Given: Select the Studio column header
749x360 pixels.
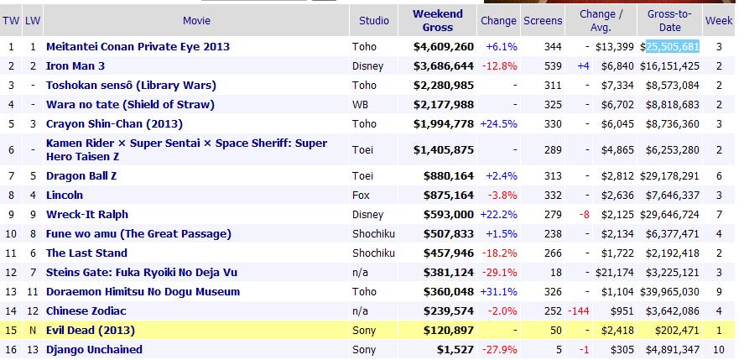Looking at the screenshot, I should pos(374,20).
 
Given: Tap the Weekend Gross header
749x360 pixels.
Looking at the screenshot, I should pos(437,20).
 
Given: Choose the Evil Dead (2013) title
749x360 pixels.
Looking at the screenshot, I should pos(90,330).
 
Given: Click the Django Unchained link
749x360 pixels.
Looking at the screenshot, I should pos(94,349).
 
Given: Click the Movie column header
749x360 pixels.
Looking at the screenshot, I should pos(195,20).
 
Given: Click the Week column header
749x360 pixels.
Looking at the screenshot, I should pos(719,20).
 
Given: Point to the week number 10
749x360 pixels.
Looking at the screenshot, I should pos(719,349).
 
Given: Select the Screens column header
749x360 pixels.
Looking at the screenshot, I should pos(543,20).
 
